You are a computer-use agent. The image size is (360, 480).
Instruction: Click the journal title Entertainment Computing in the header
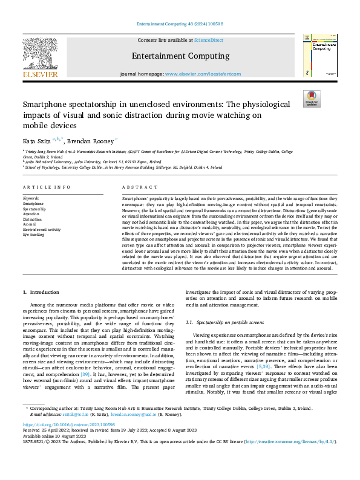tap(180, 56)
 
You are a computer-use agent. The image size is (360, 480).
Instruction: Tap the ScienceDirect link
tap(209, 40)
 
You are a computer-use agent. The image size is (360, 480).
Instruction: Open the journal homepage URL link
tap(203, 74)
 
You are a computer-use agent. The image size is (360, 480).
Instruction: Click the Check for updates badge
tap(312, 99)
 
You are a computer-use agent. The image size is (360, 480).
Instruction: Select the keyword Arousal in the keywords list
tap(30, 224)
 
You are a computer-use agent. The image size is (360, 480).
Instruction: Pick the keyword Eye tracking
tap(33, 234)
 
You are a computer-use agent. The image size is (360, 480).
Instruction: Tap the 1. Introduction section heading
tap(41, 292)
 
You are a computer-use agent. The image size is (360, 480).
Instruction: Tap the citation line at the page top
tap(180, 24)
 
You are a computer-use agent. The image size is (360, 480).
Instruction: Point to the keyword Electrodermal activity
tap(42, 229)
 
